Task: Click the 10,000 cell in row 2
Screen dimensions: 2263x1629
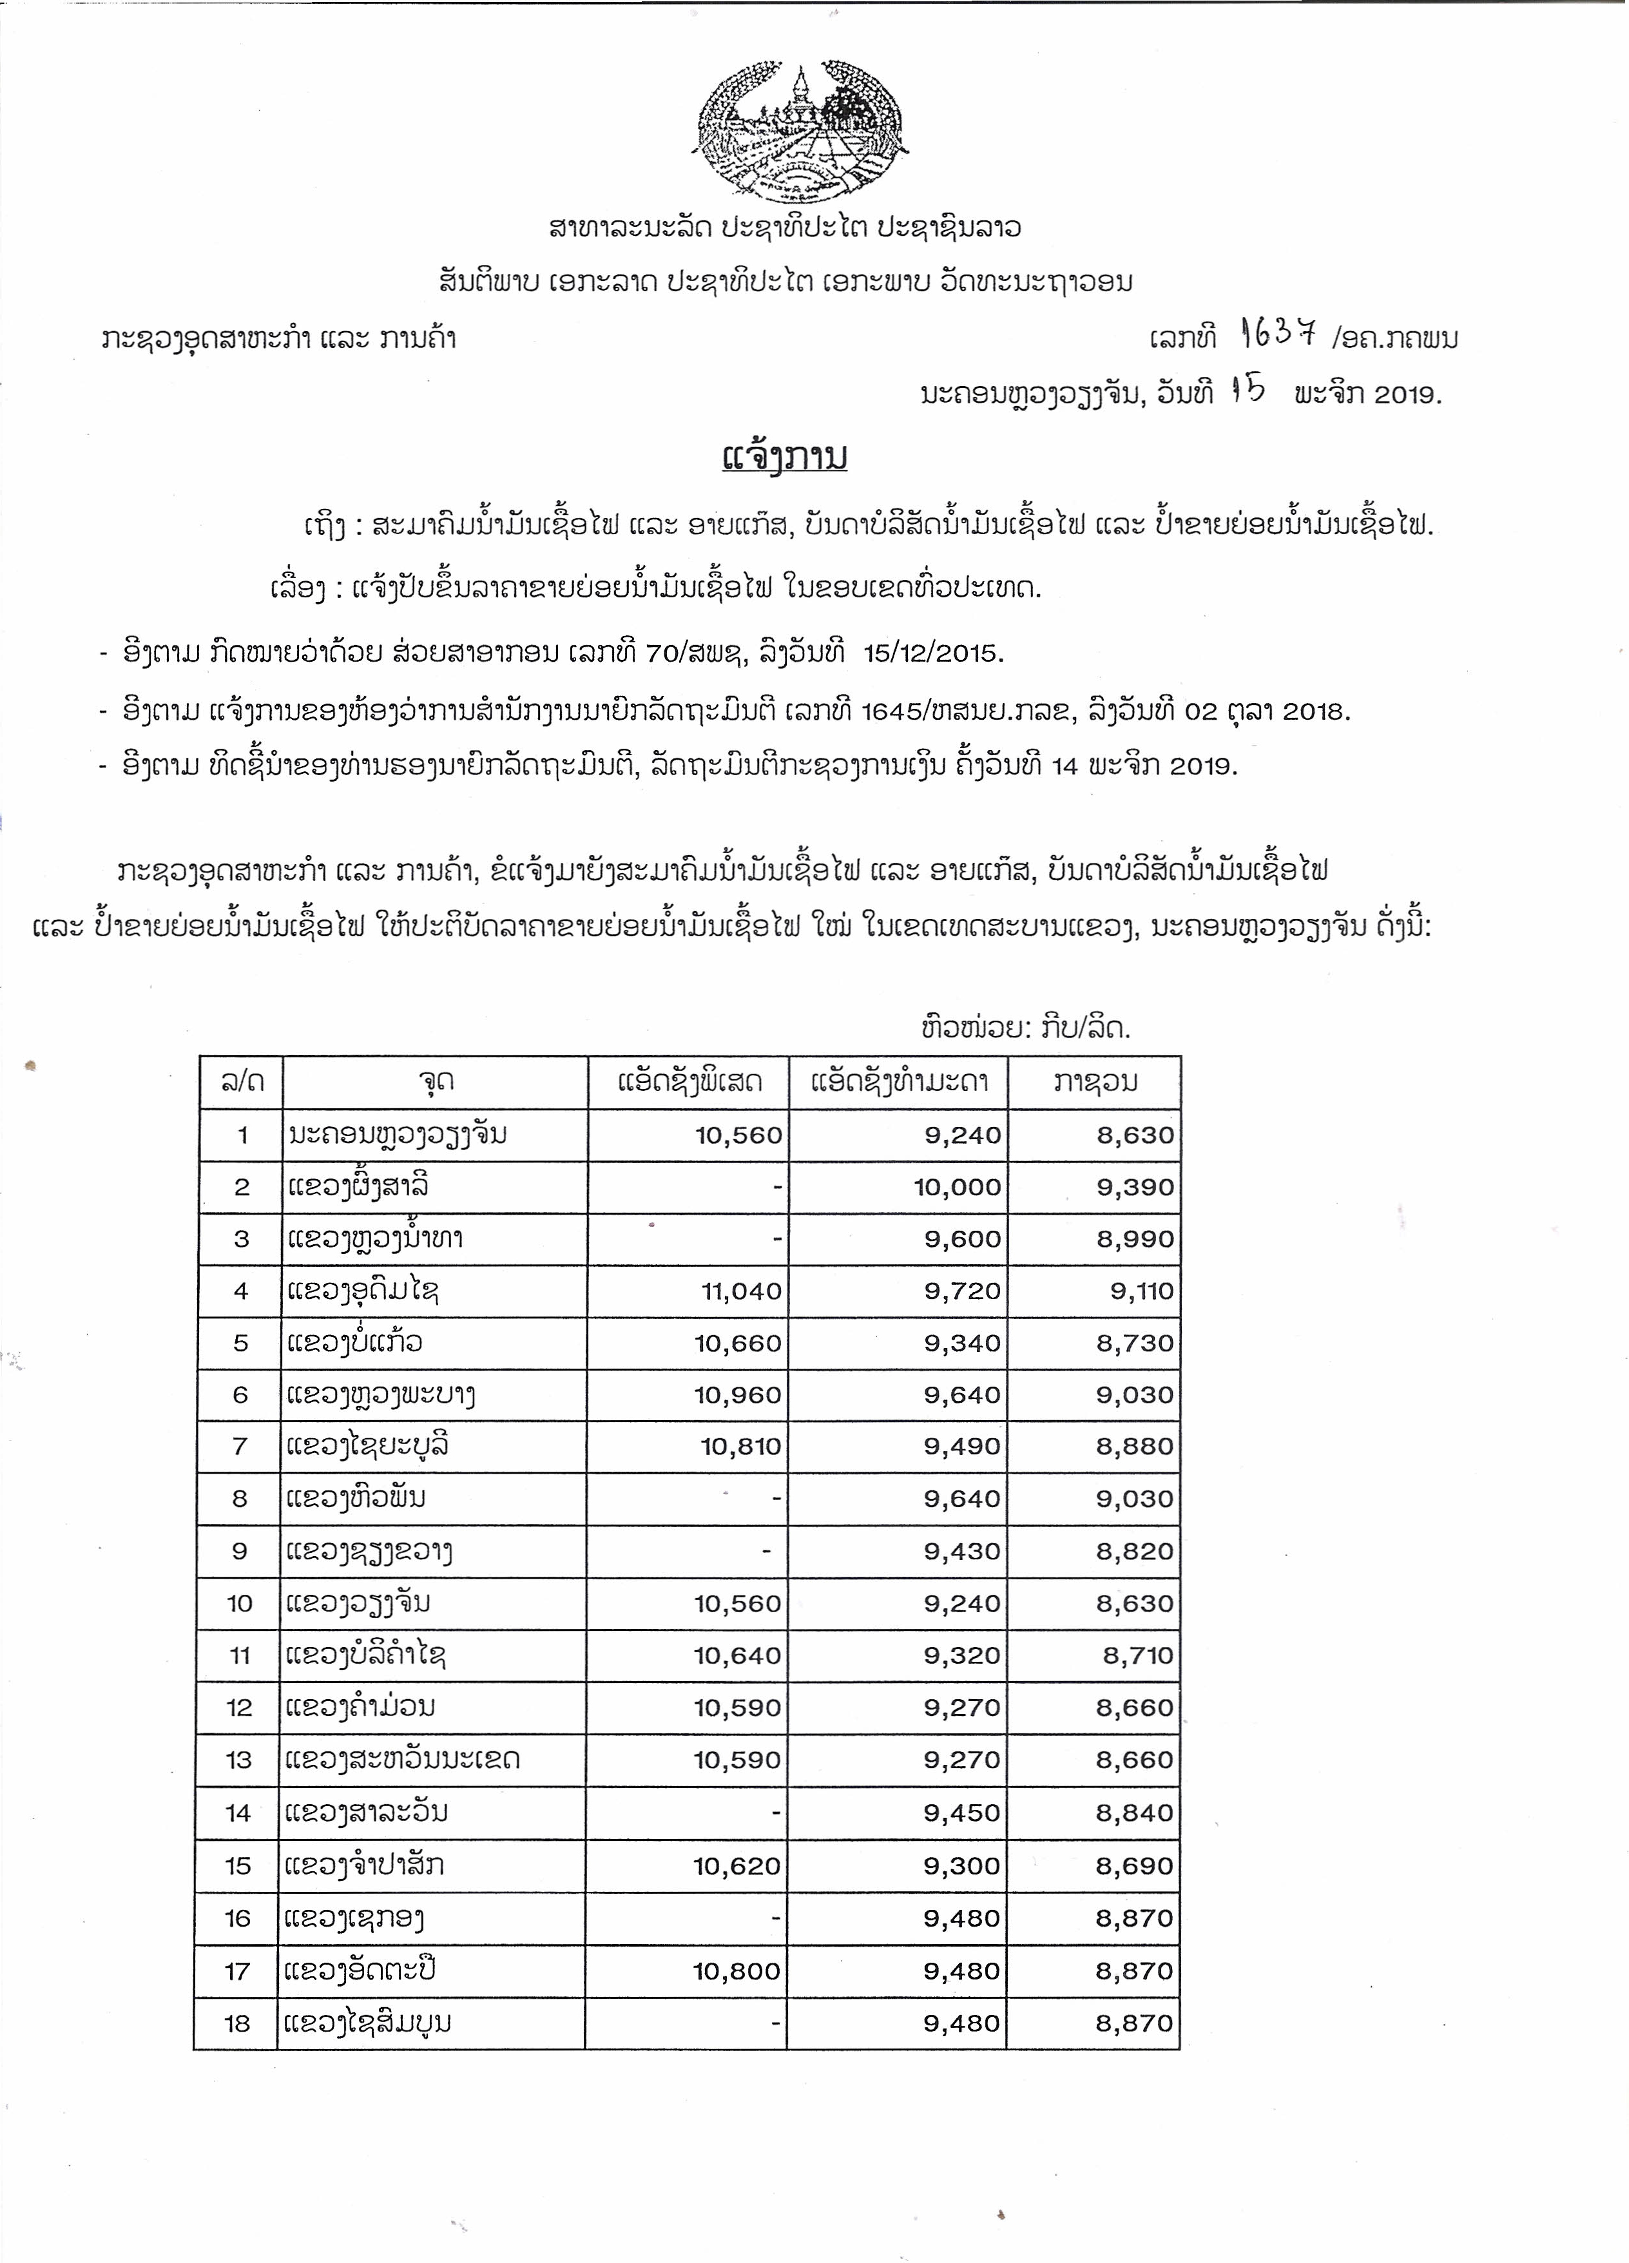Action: click(957, 1188)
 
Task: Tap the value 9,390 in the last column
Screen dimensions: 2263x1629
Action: click(1135, 1188)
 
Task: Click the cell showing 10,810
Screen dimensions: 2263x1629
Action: click(740, 1447)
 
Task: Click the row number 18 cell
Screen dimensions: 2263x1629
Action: click(237, 2023)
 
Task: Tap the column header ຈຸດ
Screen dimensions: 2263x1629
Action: click(436, 1082)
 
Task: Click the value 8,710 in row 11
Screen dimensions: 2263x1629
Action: click(1137, 1655)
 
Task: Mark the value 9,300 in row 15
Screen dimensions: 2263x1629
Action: click(961, 1866)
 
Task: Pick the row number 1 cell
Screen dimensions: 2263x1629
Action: click(242, 1135)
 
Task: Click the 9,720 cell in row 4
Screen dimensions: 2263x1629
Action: click(961, 1291)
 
